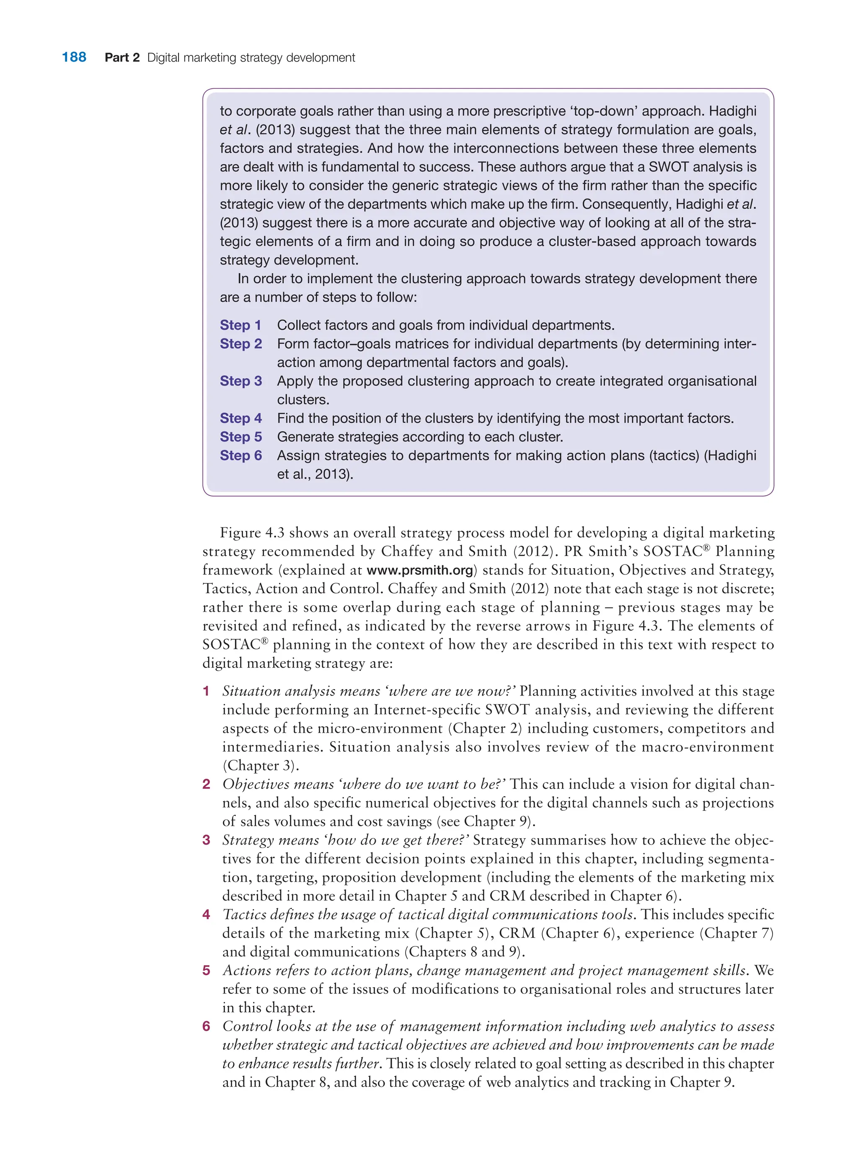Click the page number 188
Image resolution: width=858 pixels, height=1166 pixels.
pos(74,57)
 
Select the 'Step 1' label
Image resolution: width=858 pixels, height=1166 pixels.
pos(240,325)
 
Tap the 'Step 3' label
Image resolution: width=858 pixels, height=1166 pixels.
pos(240,381)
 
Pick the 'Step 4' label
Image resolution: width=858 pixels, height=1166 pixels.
pos(240,418)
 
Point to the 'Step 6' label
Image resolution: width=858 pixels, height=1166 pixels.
pos(240,455)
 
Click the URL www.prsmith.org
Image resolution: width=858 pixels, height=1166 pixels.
pos(420,570)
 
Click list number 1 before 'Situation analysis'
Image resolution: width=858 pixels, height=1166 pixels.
pos(206,691)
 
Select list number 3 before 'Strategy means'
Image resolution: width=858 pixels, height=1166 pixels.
pos(206,840)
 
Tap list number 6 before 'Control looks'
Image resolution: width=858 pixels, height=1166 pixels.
pos(206,1027)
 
